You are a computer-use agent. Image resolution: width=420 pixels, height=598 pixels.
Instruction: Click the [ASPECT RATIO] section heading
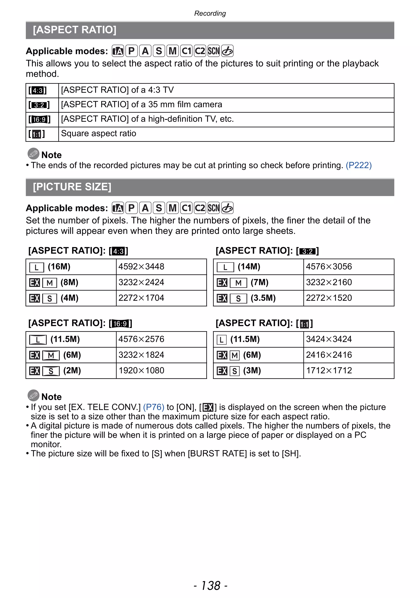click(74, 30)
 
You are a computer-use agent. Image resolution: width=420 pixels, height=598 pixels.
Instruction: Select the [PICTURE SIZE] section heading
click(72, 187)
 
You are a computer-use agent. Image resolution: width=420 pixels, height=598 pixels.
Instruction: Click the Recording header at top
click(210, 13)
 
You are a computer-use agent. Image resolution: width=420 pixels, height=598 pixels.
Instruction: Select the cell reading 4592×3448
click(141, 266)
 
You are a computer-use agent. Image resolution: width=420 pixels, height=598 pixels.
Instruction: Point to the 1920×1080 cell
click(141, 370)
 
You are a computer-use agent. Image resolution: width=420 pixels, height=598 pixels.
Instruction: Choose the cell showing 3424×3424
click(329, 339)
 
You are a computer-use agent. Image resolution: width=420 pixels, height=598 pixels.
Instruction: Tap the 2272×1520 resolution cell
click(329, 298)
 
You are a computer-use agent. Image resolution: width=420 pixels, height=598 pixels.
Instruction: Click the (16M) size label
click(59, 266)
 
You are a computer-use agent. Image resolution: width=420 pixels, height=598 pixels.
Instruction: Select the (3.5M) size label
click(263, 298)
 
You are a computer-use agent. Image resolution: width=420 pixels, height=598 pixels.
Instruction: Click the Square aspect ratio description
click(98, 133)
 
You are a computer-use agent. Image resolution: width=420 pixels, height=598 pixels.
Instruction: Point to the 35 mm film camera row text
click(141, 104)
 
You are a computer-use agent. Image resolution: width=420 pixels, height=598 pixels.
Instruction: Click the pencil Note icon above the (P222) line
click(33, 154)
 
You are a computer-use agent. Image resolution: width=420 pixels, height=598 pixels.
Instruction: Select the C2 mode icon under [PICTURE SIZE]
click(200, 208)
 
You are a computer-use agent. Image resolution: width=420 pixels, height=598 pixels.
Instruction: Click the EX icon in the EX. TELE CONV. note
click(208, 407)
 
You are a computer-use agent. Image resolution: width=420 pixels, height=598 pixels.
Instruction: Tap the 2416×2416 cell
click(329, 355)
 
